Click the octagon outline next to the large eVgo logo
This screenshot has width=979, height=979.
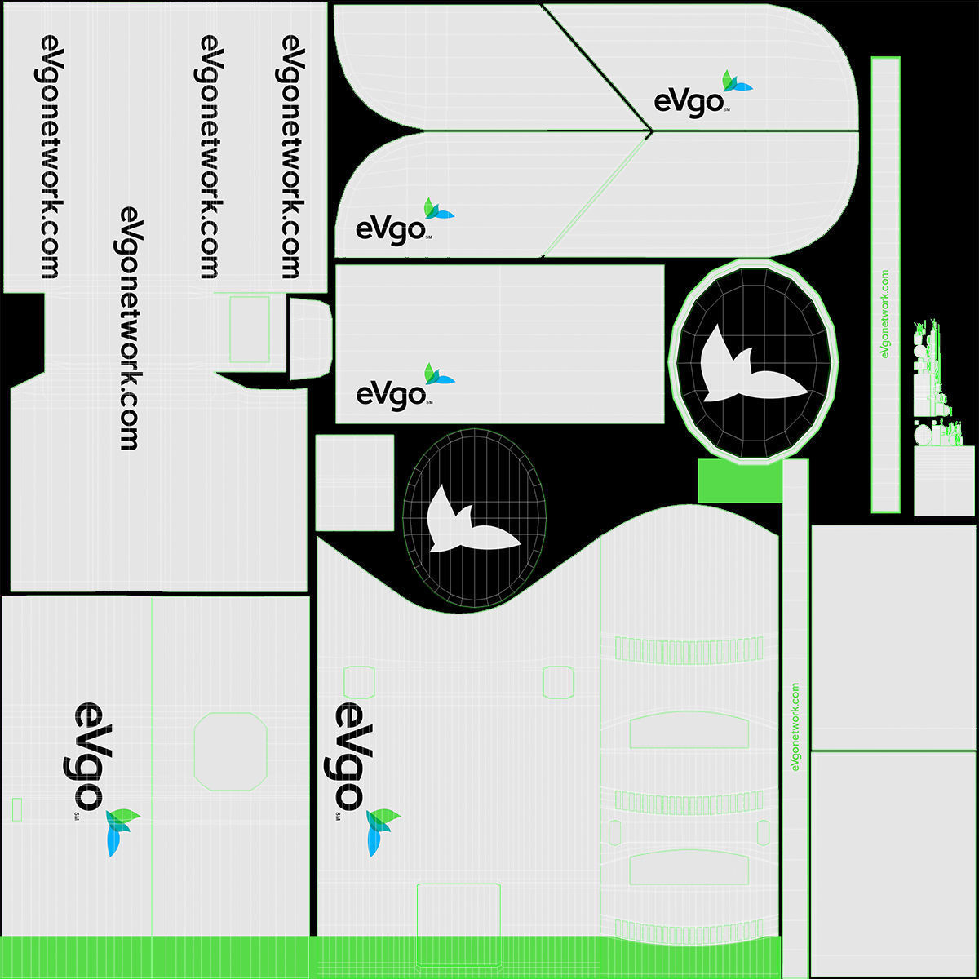231,751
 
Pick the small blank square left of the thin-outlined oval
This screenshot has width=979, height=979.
355,482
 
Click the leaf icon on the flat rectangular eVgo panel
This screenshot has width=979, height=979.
437,374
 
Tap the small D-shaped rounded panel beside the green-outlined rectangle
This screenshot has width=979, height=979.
309,339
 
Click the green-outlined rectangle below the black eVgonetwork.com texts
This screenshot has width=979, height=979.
250,330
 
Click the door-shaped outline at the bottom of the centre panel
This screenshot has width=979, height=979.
458,922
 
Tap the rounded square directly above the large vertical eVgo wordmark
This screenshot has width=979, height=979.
359,682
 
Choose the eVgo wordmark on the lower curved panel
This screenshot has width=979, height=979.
390,228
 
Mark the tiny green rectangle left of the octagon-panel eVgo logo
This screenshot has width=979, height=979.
17,809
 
